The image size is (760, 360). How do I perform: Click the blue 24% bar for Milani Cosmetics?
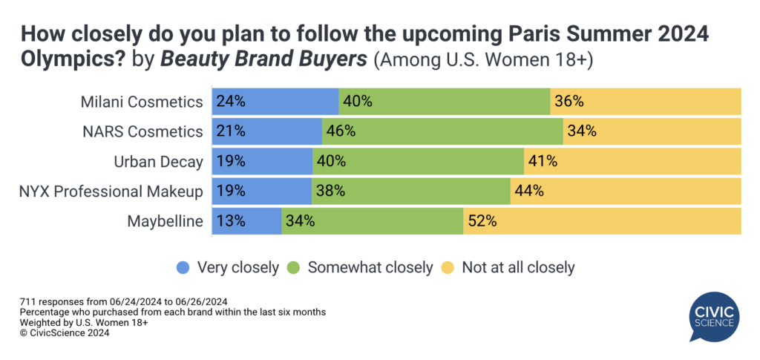click(x=275, y=102)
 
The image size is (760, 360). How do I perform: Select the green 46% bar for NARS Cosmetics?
click(x=442, y=131)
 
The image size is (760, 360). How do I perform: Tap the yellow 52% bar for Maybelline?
click(x=602, y=220)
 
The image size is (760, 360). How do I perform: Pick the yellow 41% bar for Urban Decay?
click(x=633, y=161)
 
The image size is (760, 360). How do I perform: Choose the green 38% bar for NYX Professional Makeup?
click(x=410, y=191)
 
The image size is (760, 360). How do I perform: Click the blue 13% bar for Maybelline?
click(x=246, y=220)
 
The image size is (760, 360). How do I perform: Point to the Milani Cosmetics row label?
click(x=142, y=102)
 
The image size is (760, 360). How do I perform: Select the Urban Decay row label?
click(x=158, y=161)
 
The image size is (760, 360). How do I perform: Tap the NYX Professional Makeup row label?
click(x=111, y=191)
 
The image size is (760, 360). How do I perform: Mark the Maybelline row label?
click(x=165, y=220)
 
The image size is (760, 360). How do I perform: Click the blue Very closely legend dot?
click(x=182, y=266)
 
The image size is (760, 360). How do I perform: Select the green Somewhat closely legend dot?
click(x=294, y=266)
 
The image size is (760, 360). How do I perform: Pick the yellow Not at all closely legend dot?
click(x=448, y=266)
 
